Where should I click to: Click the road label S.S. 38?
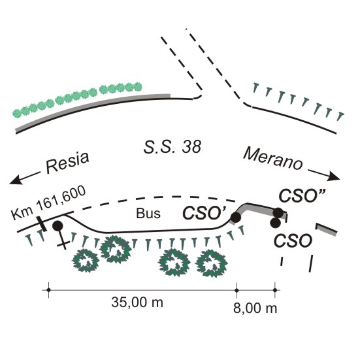coord(172,147)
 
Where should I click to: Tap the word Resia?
coord(67,162)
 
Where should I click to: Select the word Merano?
coord(272,159)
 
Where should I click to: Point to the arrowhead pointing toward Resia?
coord(16,180)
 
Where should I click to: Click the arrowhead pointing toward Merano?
coord(333,176)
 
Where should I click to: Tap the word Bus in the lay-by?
coord(148,213)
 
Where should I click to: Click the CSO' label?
coord(205,213)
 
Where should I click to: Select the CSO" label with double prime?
coord(302,195)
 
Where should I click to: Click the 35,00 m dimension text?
coord(137,302)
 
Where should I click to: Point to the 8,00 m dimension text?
coord(255,308)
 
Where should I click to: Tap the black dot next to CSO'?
coord(236,218)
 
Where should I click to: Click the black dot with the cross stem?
coord(57,226)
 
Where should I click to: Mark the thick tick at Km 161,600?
coord(42,224)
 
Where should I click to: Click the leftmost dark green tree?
coord(86,261)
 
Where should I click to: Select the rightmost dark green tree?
coord(212,263)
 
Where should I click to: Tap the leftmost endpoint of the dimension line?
coord(48,290)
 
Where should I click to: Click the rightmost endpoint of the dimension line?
coord(275,290)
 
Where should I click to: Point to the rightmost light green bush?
coord(138,86)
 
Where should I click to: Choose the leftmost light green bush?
coord(17,113)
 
